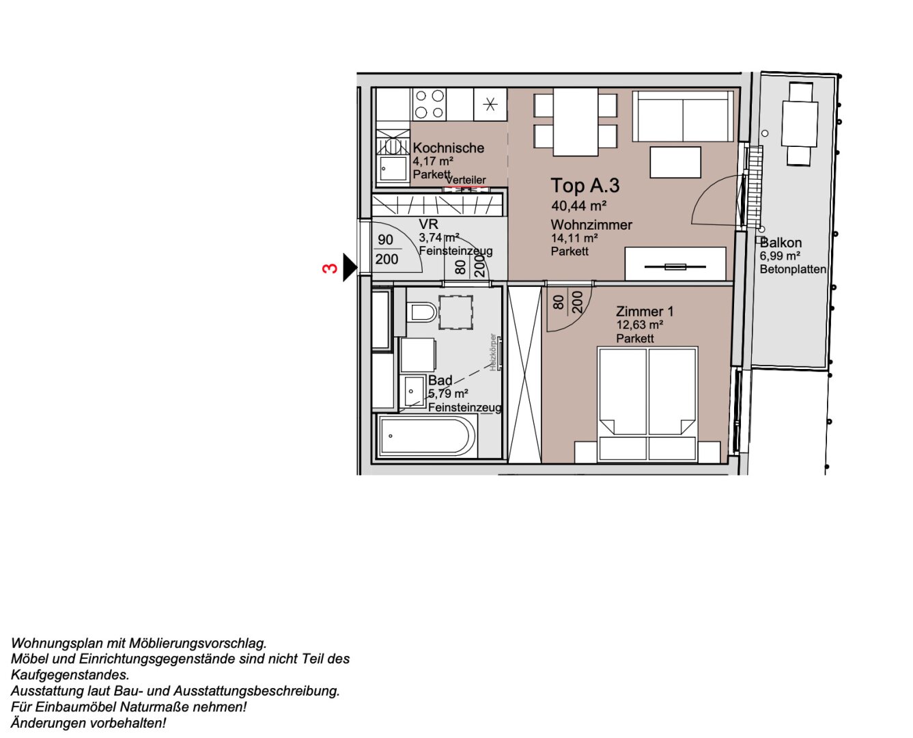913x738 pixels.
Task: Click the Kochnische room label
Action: (x=448, y=148)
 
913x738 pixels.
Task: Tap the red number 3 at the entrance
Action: (x=330, y=269)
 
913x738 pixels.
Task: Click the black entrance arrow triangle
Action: (x=349, y=267)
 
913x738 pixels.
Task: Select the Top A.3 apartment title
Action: (x=585, y=186)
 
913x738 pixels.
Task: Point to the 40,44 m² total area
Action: (x=579, y=206)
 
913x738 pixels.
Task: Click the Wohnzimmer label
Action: (x=591, y=225)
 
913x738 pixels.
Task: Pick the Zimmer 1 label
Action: (x=645, y=312)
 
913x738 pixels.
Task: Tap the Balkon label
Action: (x=781, y=243)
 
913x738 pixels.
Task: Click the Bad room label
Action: (x=440, y=381)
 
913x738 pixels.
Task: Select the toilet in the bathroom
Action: (x=422, y=313)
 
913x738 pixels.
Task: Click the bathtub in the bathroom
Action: (x=427, y=436)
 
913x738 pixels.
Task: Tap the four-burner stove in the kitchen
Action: (x=430, y=105)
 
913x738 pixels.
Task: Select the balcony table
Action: (x=800, y=124)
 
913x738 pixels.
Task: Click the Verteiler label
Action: (x=466, y=180)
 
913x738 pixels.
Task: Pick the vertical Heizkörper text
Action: (x=493, y=352)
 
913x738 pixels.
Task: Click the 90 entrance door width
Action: (x=386, y=240)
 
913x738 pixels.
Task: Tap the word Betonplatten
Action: (x=793, y=269)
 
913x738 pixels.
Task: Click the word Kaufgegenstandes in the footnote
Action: (x=70, y=675)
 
